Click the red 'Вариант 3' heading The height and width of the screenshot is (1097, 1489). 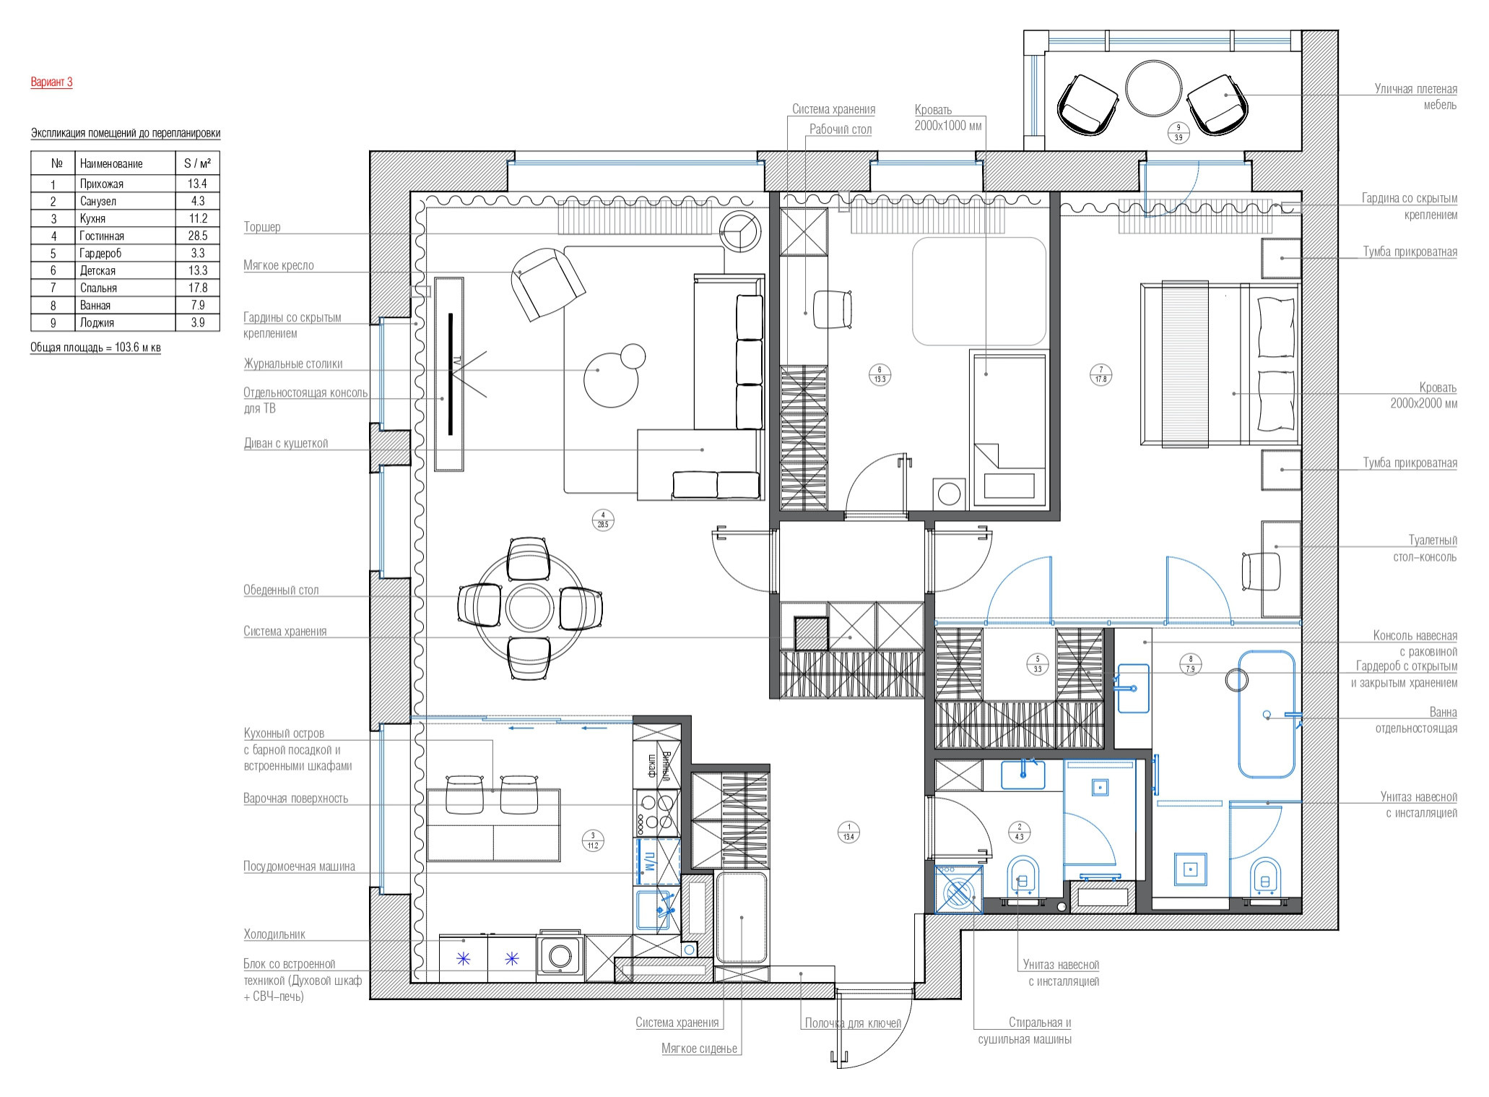51,82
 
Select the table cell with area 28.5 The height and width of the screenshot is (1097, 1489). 198,236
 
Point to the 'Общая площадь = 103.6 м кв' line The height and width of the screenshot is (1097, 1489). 95,348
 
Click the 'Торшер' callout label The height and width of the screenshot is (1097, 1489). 262,227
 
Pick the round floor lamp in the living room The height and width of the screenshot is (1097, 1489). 741,231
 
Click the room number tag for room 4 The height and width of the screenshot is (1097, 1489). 602,520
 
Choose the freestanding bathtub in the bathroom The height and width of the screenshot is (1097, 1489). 1267,714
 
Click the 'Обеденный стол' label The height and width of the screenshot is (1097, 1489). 281,590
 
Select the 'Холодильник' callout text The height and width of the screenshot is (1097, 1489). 274,934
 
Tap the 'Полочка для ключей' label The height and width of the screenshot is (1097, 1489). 853,1023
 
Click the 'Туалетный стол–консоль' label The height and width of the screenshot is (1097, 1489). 1424,548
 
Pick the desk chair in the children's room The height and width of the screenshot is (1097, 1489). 833,309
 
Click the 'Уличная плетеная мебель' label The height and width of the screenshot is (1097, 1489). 1415,97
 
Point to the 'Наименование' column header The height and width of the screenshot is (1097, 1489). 111,163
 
